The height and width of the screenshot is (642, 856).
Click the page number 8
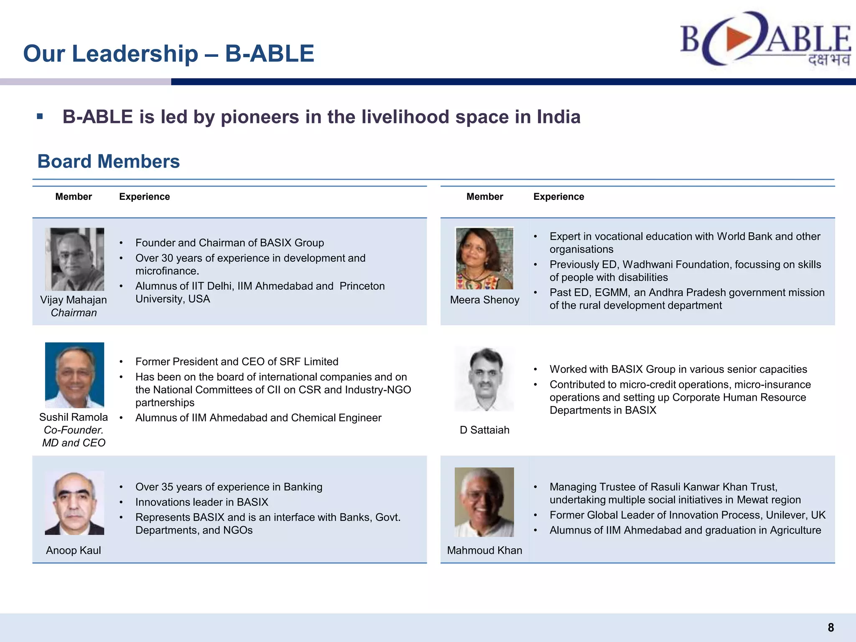[x=831, y=627]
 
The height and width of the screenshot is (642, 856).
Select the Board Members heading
[x=109, y=161]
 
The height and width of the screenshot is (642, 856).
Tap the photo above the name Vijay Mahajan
[x=74, y=259]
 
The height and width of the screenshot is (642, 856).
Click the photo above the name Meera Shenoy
[x=484, y=258]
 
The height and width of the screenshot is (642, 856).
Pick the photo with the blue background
[x=74, y=375]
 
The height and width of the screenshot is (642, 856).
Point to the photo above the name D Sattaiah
[x=484, y=379]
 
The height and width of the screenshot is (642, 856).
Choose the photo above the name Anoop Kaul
[x=74, y=503]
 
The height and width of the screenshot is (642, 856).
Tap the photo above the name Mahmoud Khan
[x=484, y=502]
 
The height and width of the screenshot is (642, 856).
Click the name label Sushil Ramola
[x=74, y=417]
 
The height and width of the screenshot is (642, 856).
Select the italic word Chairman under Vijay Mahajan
[x=74, y=313]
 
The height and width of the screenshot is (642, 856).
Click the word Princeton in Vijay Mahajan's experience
[x=362, y=286]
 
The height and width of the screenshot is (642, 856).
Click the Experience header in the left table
[x=145, y=197]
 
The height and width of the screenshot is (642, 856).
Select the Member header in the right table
[x=485, y=197]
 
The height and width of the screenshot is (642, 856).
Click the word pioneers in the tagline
[x=260, y=117]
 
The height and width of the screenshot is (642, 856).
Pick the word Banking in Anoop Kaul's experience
[x=303, y=487]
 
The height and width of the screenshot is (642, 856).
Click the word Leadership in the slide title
[x=135, y=54]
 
